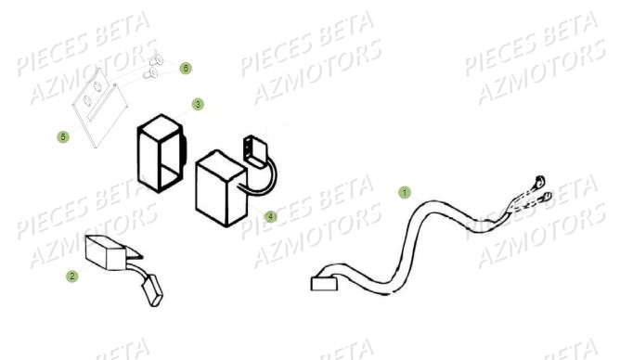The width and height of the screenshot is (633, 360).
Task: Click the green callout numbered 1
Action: click(404, 193)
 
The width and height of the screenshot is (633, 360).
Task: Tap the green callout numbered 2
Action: click(72, 276)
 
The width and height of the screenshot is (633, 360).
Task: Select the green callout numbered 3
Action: click(198, 104)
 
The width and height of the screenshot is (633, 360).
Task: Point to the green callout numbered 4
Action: click(270, 216)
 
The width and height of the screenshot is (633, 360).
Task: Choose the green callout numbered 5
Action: click(63, 136)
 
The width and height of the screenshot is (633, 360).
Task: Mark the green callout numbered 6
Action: click(186, 69)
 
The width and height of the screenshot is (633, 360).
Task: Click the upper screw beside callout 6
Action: click(157, 60)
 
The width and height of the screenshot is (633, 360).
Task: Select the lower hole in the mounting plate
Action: click(88, 101)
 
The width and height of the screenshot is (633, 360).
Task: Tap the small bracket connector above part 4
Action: click(253, 148)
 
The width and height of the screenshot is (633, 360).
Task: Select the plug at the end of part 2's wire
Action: click(152, 292)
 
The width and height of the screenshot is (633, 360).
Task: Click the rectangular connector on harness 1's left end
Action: click(325, 282)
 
